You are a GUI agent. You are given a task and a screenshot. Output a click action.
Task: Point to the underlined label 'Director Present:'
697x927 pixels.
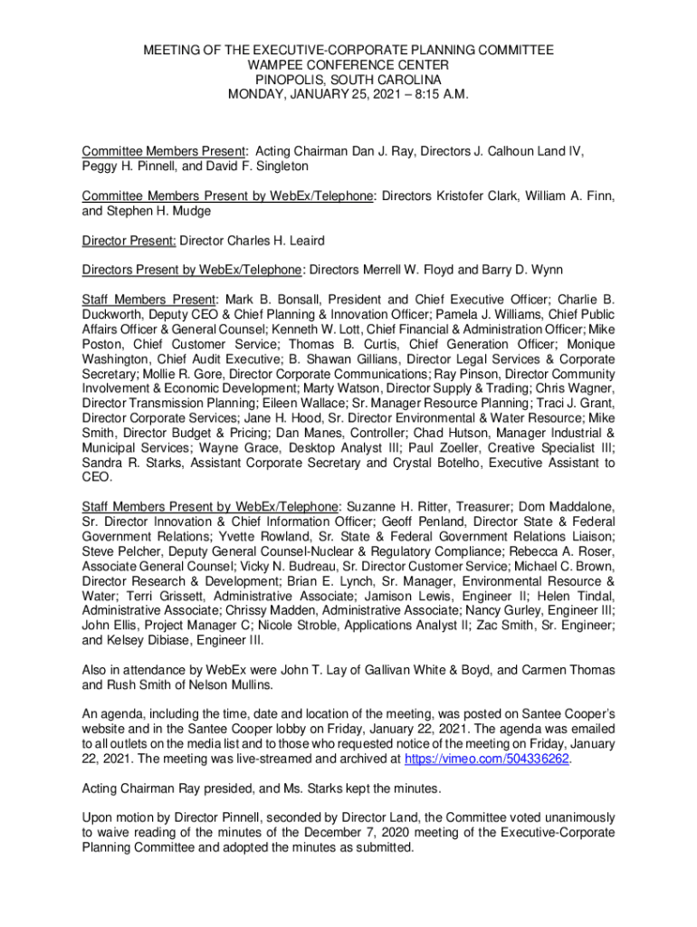tap(129, 242)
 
